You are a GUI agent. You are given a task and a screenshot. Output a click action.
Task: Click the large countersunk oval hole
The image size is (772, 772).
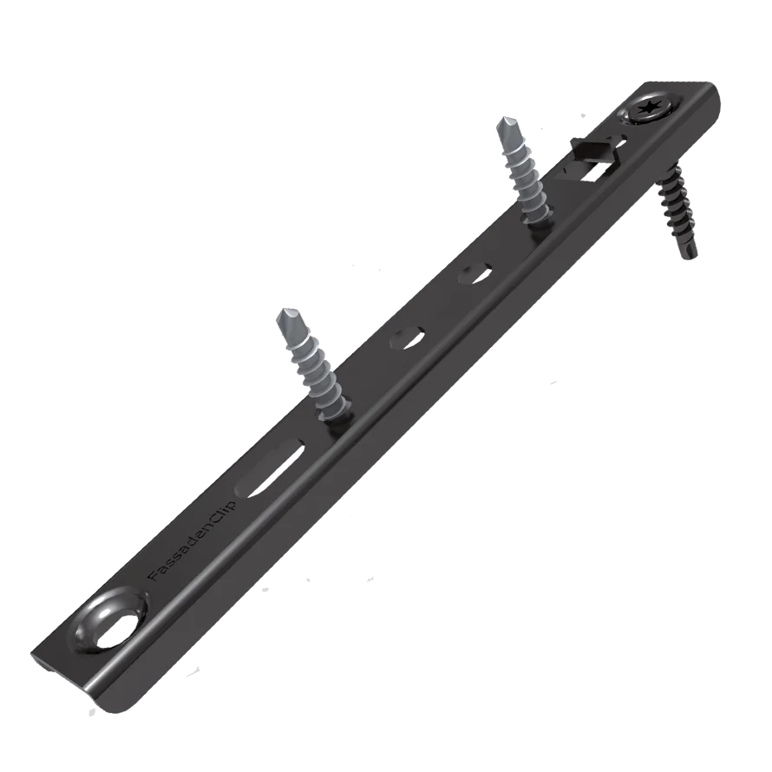click(114, 625)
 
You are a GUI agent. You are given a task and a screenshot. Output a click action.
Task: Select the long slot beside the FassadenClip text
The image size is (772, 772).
click(271, 469)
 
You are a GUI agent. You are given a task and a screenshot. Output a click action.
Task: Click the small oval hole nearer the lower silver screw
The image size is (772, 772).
click(407, 340)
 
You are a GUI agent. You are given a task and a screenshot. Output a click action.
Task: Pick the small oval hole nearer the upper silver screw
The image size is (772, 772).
click(475, 274)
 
